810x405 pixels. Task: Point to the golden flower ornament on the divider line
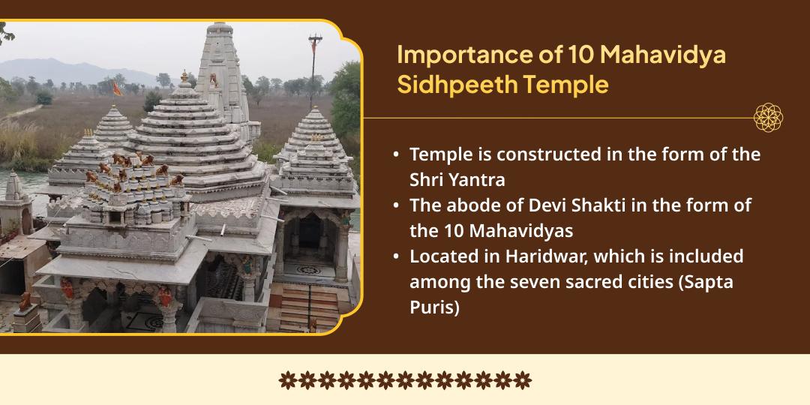768,118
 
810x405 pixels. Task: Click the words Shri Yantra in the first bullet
457,179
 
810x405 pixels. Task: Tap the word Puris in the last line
434,307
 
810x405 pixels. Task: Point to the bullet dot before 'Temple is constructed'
396,154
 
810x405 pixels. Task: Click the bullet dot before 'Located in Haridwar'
396,256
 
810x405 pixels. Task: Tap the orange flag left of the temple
117,88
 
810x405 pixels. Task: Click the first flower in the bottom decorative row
288,380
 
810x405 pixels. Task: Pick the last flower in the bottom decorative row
522,380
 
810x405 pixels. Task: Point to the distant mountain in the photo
72,70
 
